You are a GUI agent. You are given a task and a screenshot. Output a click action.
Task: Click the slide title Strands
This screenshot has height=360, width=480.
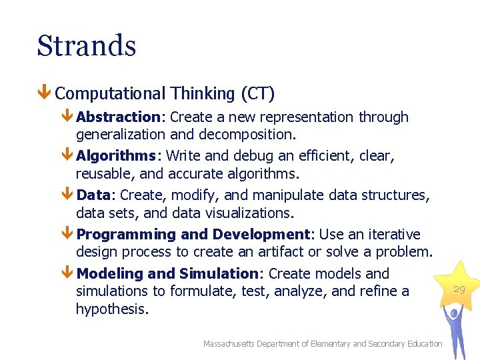87,46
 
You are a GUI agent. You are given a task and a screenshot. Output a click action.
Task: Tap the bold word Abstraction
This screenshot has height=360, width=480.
118,117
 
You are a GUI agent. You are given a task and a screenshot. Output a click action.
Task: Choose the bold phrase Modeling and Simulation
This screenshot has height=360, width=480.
167,273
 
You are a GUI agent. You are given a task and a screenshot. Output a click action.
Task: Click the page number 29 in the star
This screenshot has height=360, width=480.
459,289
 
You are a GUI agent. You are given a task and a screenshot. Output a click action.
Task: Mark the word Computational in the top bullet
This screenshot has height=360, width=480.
111,94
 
